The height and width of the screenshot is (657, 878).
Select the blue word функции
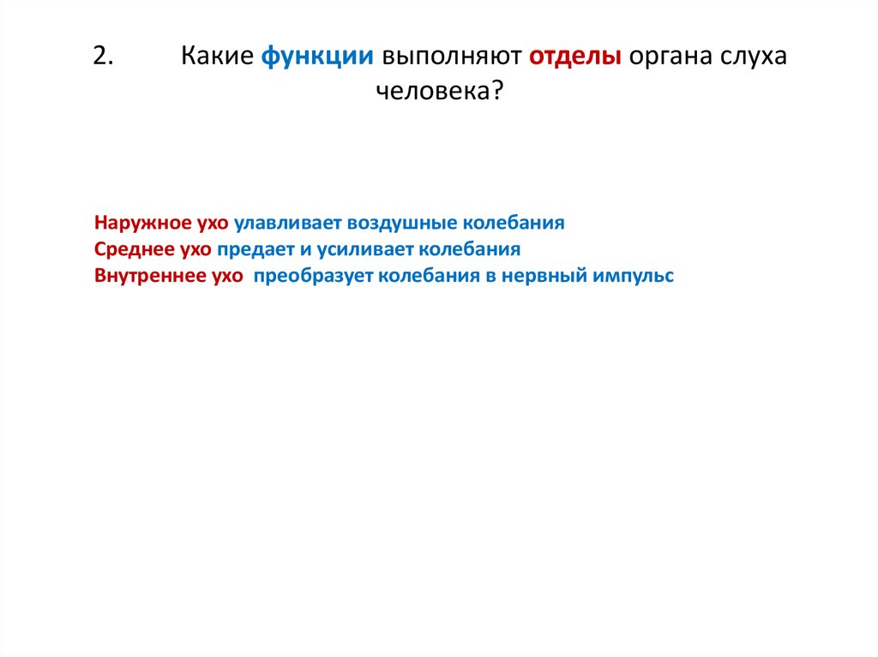tap(318, 57)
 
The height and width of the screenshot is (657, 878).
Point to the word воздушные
tap(403, 223)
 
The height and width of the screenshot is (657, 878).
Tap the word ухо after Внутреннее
tap(227, 277)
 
